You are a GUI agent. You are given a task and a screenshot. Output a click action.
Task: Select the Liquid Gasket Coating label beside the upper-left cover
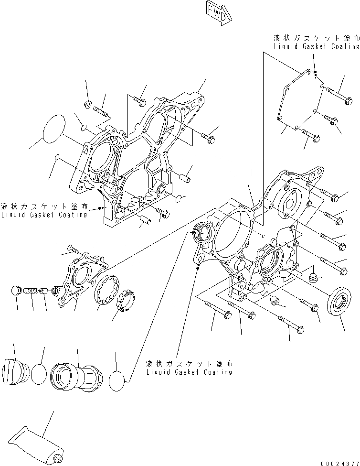(44, 210)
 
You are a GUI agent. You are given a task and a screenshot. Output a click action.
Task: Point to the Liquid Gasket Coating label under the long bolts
(189, 368)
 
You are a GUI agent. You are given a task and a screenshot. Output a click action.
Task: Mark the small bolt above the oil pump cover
(74, 249)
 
